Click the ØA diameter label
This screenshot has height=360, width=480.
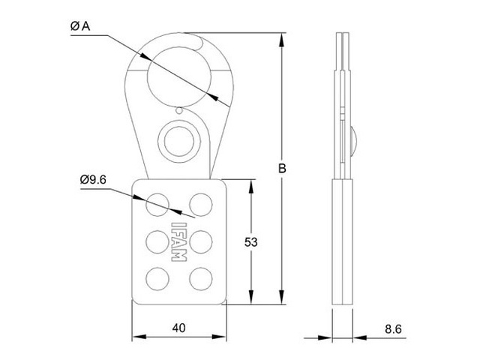tap(80, 26)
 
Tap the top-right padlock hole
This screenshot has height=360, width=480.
tap(200, 202)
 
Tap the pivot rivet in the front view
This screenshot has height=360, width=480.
tap(178, 140)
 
